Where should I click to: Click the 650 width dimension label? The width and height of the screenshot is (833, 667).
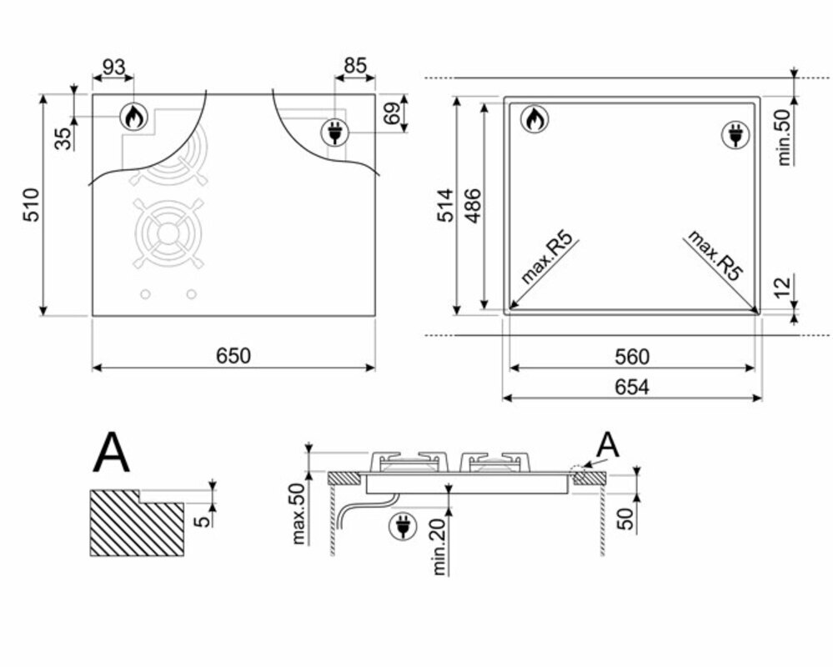(x=233, y=356)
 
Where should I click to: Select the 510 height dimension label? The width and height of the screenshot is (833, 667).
(x=31, y=205)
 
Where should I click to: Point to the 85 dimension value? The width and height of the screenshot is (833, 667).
(x=354, y=66)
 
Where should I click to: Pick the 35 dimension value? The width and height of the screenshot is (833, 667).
(x=63, y=138)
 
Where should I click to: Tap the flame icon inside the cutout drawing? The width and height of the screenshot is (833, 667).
(x=534, y=120)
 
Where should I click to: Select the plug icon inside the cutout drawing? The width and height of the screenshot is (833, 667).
(x=735, y=135)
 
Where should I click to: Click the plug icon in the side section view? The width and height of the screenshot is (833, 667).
(x=404, y=525)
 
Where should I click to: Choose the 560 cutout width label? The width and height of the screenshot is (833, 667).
(x=632, y=357)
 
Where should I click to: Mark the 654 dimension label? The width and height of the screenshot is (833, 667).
(x=632, y=387)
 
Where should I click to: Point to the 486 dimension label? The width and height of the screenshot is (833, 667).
(x=473, y=205)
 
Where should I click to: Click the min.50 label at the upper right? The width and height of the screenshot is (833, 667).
(x=784, y=137)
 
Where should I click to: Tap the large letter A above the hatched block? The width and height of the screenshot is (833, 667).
(x=112, y=452)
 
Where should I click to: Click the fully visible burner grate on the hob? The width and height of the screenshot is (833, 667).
(x=169, y=234)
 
